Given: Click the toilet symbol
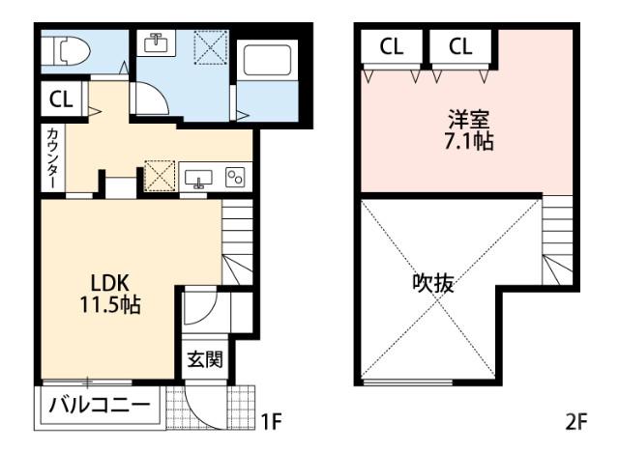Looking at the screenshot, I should [69, 49].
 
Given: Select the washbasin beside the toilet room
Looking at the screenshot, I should [157, 43].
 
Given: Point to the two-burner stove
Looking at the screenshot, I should [236, 177].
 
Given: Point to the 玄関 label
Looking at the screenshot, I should [204, 360].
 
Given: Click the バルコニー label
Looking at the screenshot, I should [100, 405].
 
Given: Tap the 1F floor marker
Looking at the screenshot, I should [270, 421].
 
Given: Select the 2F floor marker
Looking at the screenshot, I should [577, 421].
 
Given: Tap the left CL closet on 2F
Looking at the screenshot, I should [392, 46].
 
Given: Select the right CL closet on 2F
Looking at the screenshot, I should [460, 46].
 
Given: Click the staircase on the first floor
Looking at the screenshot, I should [237, 241].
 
